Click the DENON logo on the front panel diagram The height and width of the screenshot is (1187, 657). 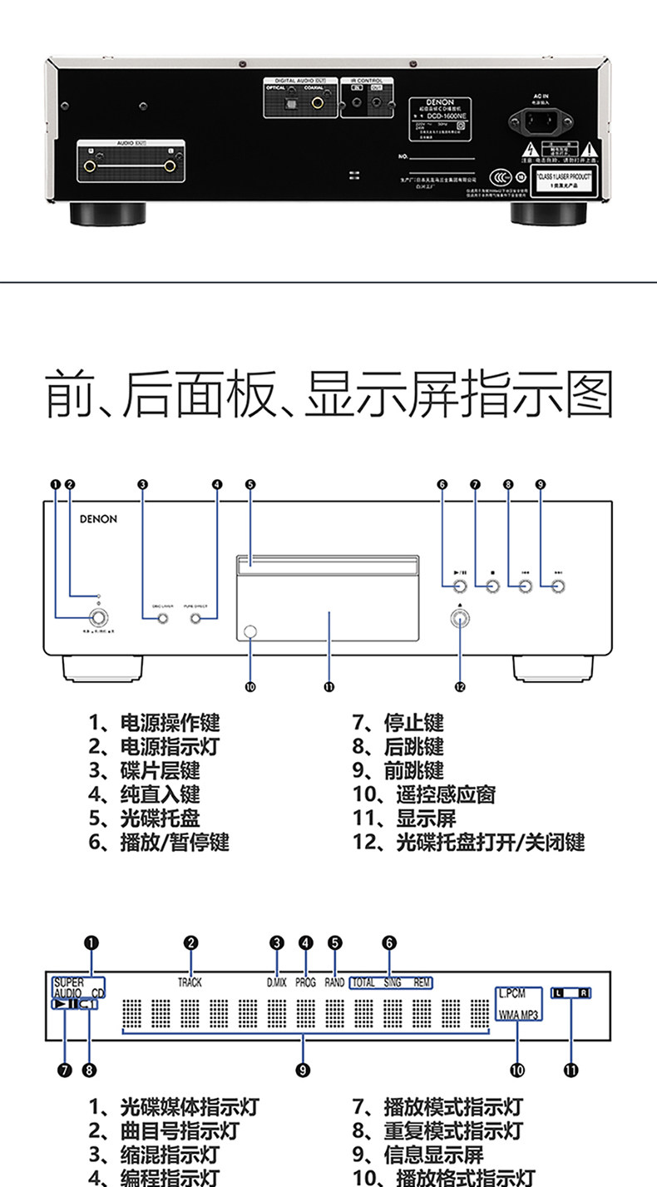(98, 519)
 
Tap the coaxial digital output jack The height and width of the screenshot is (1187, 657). (318, 104)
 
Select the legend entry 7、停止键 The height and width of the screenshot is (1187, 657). (398, 722)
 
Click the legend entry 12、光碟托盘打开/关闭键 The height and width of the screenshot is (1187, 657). (468, 842)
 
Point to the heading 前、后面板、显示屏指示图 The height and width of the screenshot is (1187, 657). (328, 395)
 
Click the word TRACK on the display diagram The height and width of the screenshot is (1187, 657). (190, 982)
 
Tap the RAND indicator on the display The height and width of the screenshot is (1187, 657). (334, 982)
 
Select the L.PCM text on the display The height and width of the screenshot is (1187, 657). (512, 993)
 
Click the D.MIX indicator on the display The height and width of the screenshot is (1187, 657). (276, 982)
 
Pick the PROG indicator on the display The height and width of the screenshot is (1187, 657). (305, 982)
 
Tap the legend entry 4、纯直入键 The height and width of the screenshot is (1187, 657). (145, 794)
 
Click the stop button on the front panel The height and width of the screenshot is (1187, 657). (492, 587)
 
